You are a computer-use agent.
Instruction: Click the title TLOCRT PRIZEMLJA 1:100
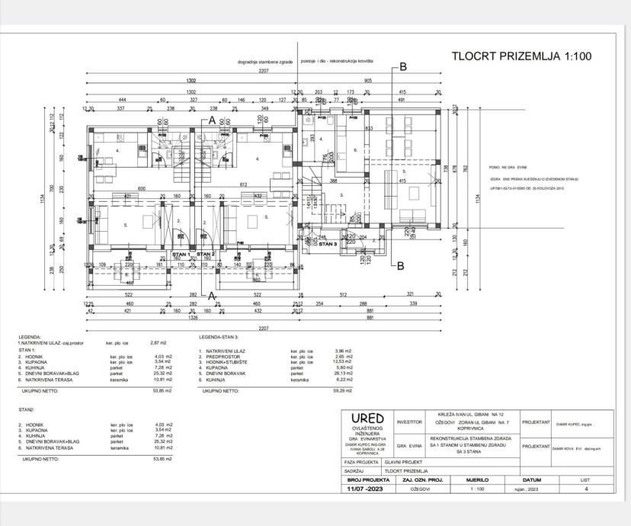(x=521, y=57)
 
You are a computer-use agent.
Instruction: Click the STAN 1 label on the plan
(x=181, y=254)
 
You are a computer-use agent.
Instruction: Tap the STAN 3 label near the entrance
(x=328, y=245)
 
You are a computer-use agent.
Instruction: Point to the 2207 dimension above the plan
(x=264, y=70)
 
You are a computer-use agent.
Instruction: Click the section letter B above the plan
(x=403, y=67)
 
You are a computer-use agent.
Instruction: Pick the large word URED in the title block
(x=367, y=419)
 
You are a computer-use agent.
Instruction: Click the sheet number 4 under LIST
(x=585, y=489)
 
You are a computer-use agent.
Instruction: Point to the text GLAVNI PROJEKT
(x=403, y=462)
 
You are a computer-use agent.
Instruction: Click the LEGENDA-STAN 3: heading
(x=220, y=336)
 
